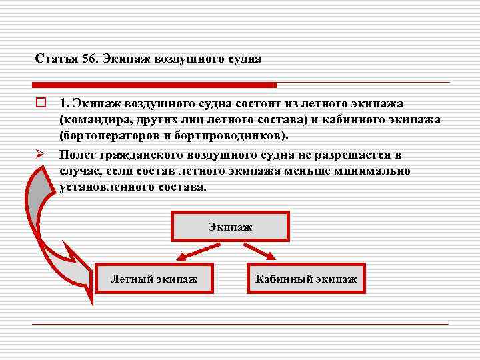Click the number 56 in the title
point(90,59)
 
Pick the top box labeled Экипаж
point(230,227)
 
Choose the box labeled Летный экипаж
point(154,277)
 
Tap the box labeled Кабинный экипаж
point(306,277)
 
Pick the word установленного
point(107,187)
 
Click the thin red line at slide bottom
point(240,324)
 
